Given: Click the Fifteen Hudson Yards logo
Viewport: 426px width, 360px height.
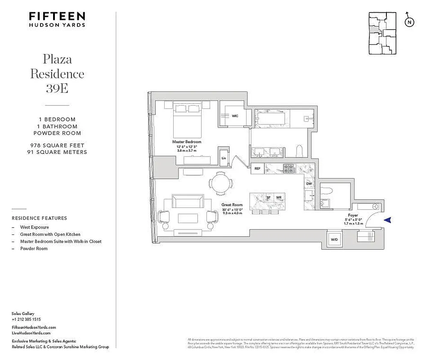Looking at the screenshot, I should point(57,19).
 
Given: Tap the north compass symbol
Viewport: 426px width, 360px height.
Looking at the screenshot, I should point(409,22).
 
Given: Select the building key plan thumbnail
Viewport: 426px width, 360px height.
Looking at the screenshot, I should point(382,34).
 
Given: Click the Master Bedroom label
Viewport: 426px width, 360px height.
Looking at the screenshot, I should point(187,141).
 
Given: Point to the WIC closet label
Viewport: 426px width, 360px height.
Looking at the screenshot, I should point(234,116).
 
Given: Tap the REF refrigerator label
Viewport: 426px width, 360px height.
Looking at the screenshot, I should point(258,169).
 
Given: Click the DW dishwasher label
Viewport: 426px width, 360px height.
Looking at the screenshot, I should point(309,184).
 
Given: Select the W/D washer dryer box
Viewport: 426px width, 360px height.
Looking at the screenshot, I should point(334,239).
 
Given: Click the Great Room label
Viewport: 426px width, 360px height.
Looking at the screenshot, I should point(232,205).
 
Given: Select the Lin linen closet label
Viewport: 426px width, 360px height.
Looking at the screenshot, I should point(224,158).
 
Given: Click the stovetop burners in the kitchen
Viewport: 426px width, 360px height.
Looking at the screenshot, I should point(288,168).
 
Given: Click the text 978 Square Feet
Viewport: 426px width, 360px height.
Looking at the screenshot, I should point(57,145).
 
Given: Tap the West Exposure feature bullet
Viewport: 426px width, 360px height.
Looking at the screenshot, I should point(34,227).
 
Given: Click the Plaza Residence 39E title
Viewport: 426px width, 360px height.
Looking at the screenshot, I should point(57,73).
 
